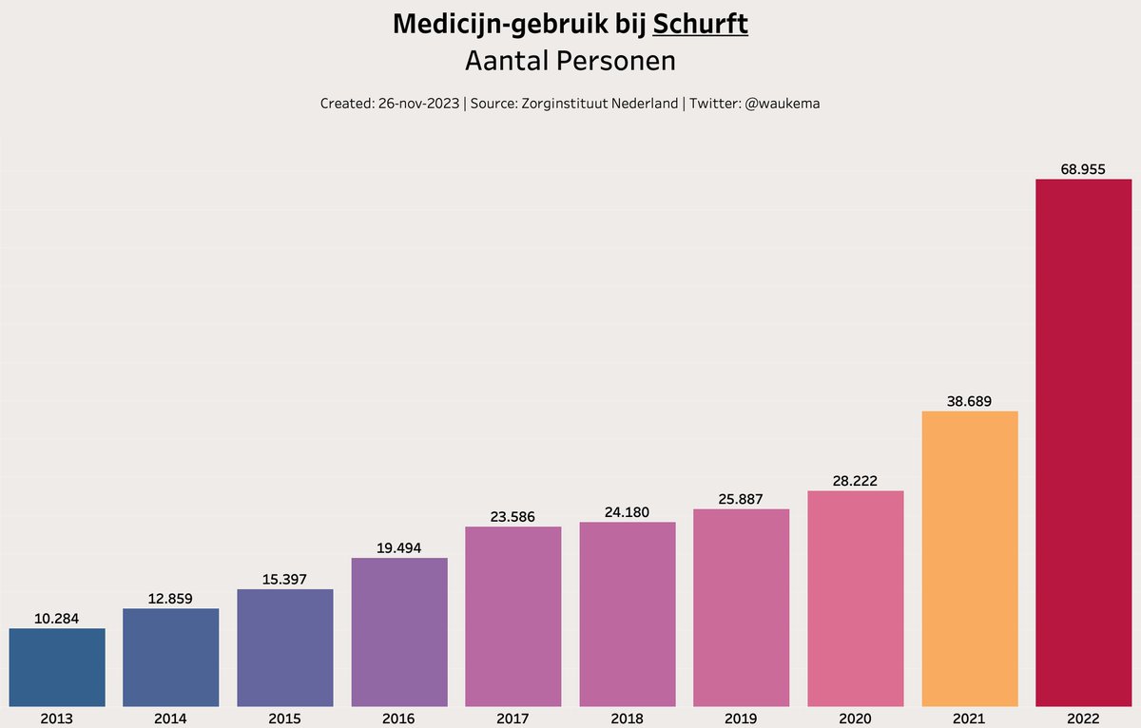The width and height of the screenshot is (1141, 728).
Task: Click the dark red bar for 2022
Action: click(x=1083, y=442)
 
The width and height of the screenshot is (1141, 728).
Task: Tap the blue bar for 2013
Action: click(x=57, y=667)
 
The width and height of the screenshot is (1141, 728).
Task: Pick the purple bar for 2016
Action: click(x=399, y=632)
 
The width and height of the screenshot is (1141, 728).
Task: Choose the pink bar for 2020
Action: click(x=855, y=598)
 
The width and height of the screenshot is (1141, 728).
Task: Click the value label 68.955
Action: click(x=1083, y=169)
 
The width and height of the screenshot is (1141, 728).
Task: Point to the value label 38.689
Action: click(x=969, y=401)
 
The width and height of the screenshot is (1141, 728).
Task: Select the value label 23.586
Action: click(x=512, y=517)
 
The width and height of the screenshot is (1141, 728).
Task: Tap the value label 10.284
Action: click(x=57, y=619)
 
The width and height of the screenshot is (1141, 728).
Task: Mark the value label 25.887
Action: click(x=741, y=499)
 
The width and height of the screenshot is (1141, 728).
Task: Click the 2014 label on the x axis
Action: click(x=171, y=718)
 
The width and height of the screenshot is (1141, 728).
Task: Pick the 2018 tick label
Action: click(x=627, y=718)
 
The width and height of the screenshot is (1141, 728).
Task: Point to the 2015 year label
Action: click(x=285, y=718)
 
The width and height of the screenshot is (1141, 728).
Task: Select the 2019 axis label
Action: click(x=741, y=718)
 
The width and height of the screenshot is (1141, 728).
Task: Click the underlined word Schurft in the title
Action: click(x=701, y=25)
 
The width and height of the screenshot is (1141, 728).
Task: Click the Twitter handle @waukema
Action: click(x=777, y=104)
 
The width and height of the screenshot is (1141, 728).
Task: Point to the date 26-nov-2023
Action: click(x=418, y=104)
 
